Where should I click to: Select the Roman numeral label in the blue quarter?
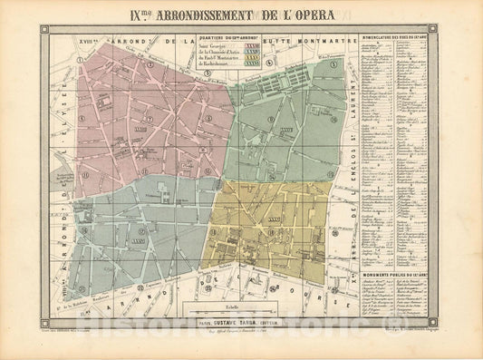138,242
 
